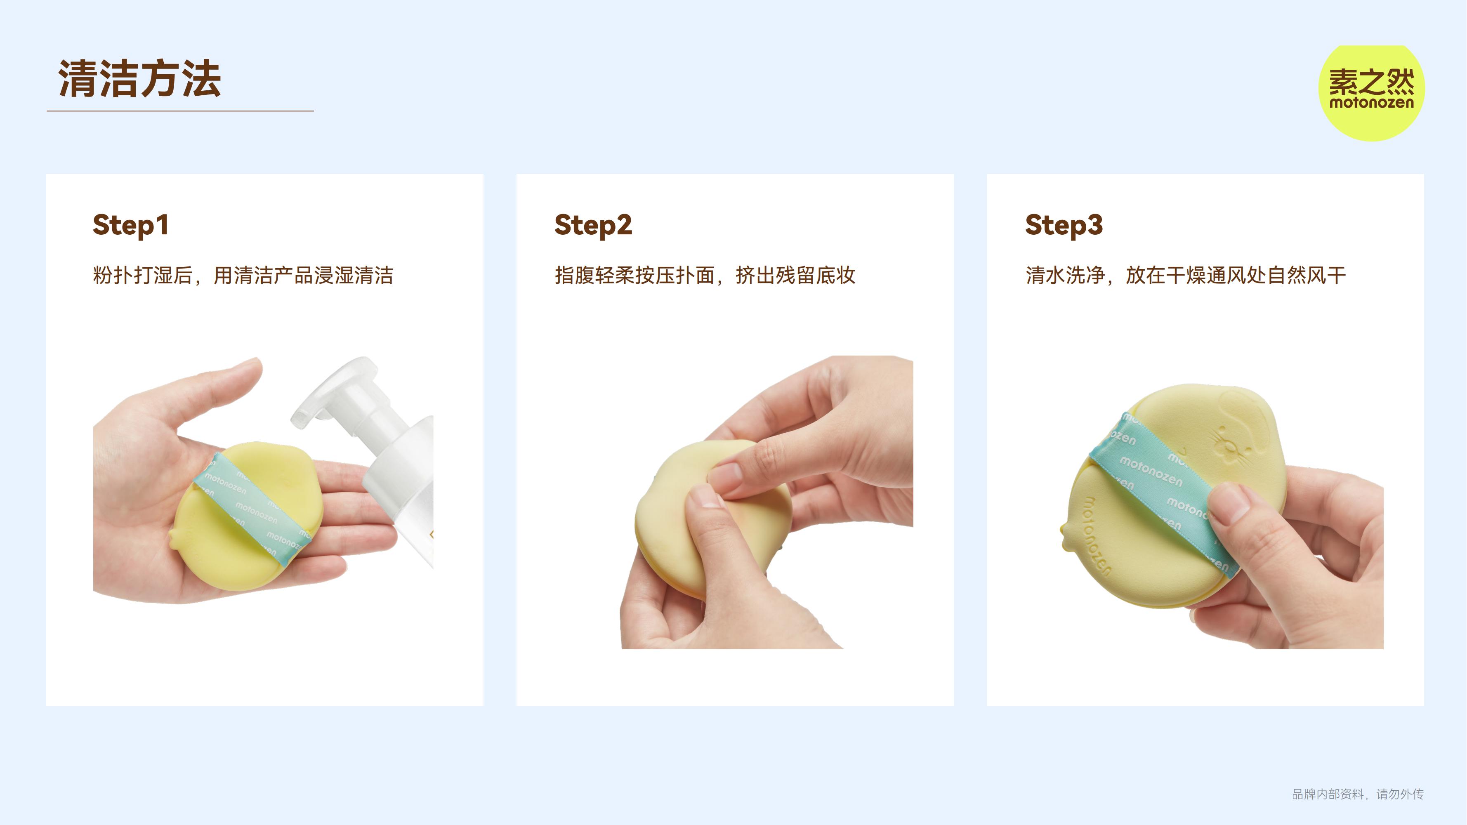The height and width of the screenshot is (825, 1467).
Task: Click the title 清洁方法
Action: pos(139,78)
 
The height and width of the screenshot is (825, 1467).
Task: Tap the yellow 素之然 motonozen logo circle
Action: pos(1371,93)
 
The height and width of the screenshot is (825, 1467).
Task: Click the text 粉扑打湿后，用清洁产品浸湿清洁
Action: pos(243,276)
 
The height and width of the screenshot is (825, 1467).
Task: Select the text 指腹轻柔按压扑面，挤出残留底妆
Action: pos(705,276)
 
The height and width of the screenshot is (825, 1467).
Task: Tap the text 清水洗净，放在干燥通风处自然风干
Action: pos(1186,276)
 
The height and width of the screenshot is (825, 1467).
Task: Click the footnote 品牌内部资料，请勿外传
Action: pos(1358,794)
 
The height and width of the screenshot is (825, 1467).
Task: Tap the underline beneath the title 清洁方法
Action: pos(180,111)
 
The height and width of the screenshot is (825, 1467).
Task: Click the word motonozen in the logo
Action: pos(1371,103)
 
